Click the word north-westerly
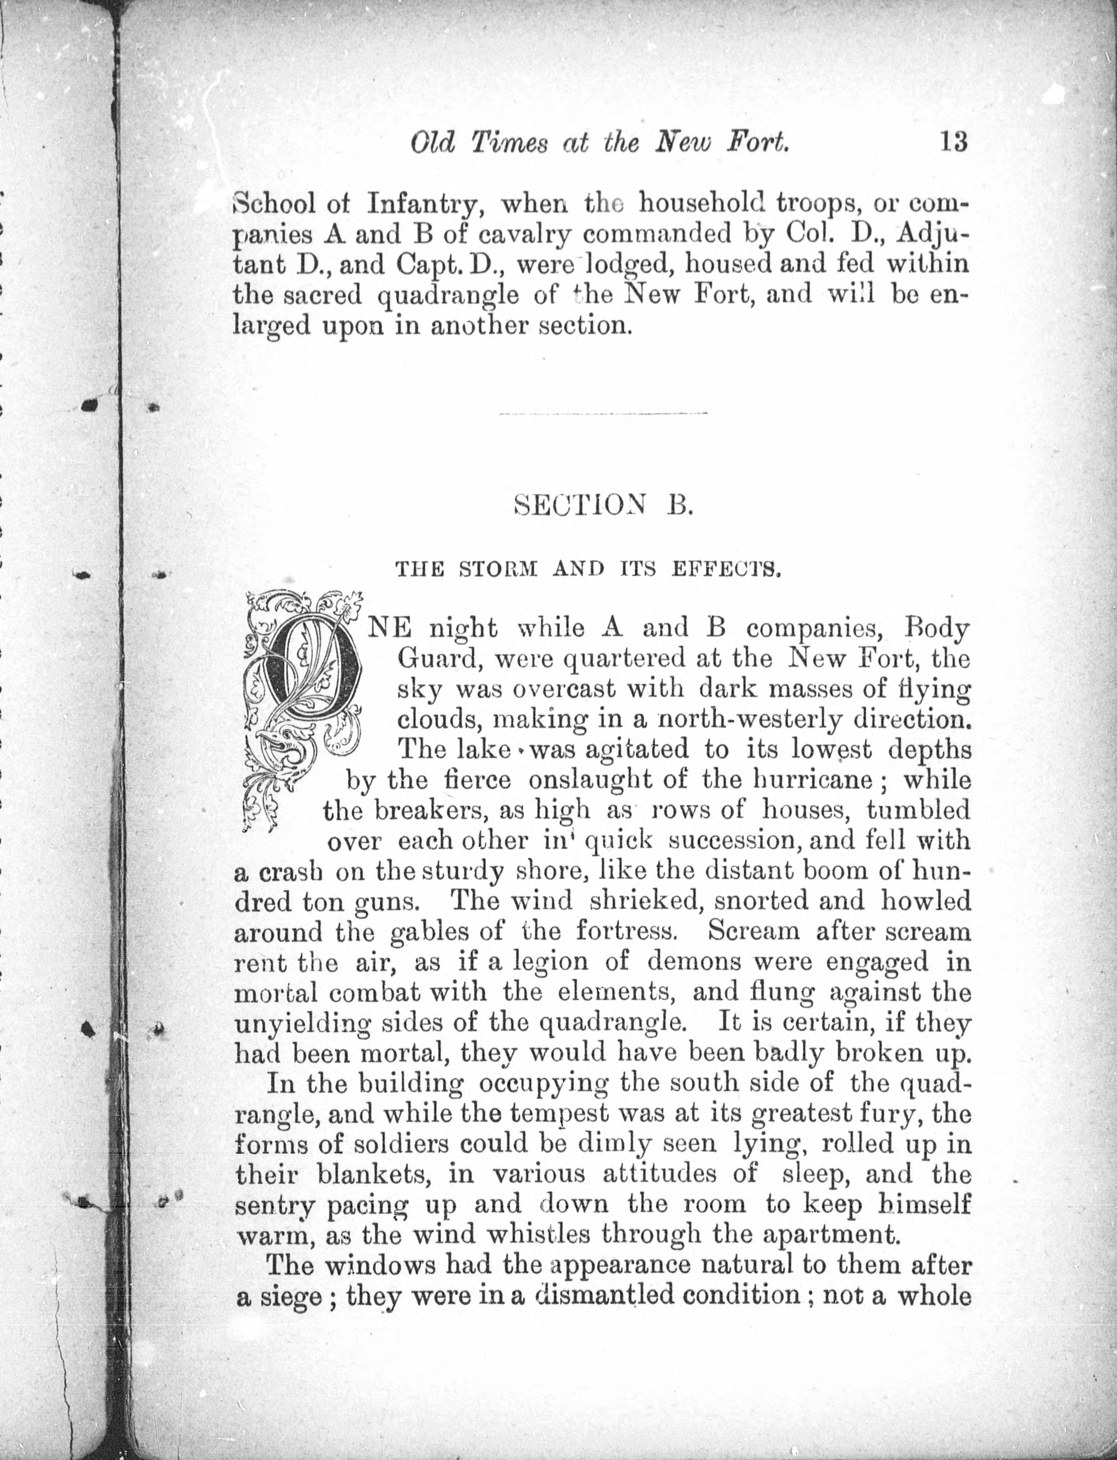tap(749, 719)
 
